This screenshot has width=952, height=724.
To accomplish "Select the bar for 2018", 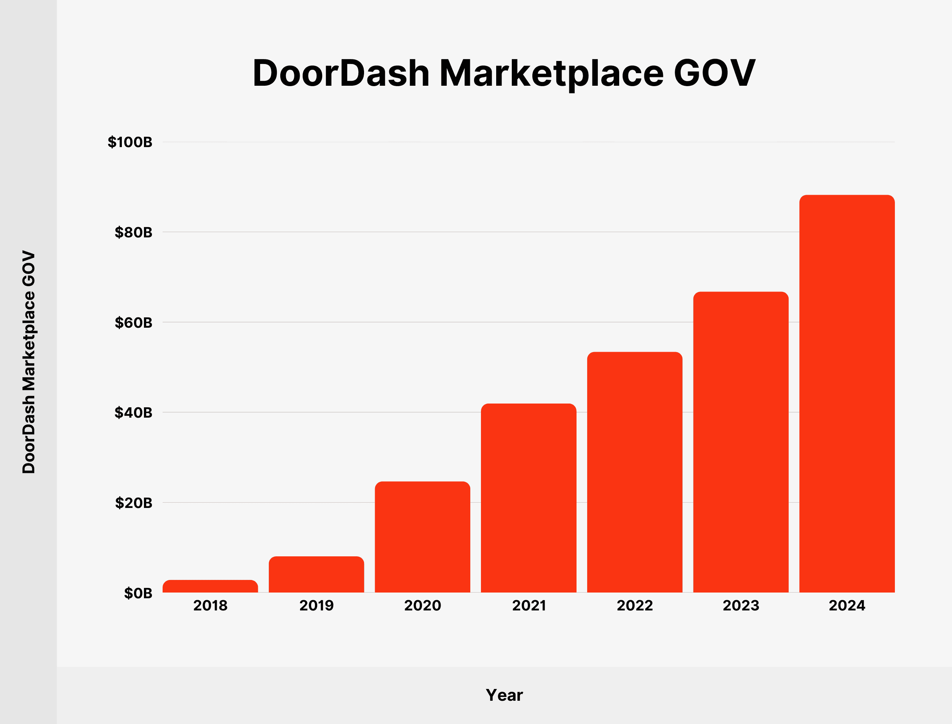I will click(x=210, y=586).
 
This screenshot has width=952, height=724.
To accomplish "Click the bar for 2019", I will click(x=316, y=575).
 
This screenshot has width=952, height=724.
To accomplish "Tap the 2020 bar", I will click(x=422, y=537).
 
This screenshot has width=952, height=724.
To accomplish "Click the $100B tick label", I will click(x=130, y=142).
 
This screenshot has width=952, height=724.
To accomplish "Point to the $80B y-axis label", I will click(x=134, y=232).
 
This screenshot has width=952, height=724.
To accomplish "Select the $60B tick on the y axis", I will click(x=134, y=322).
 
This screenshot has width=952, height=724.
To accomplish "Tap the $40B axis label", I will click(x=134, y=412).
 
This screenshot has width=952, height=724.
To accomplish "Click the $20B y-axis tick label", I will click(x=134, y=503).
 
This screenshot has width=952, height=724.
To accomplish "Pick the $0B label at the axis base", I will click(x=138, y=593).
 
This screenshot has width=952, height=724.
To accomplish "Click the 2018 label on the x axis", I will click(x=210, y=605).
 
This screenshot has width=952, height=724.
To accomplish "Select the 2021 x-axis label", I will click(x=529, y=605).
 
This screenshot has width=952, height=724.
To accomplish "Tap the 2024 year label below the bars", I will click(x=847, y=605).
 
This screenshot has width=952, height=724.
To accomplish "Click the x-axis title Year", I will click(x=504, y=695).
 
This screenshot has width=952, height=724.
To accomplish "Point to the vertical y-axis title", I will click(x=29, y=362).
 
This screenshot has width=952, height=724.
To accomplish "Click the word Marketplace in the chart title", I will click(x=551, y=73).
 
